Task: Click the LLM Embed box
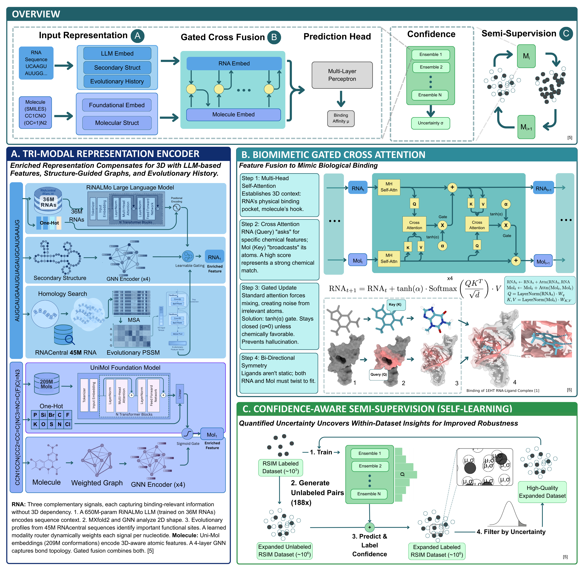coord(117,53)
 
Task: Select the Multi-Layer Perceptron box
coord(342,75)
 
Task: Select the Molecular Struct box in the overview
coord(117,123)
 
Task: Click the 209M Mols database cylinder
coord(47,384)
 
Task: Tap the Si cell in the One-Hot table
coord(43,415)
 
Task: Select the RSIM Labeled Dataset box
coord(280,467)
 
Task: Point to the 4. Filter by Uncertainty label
coord(511,532)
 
